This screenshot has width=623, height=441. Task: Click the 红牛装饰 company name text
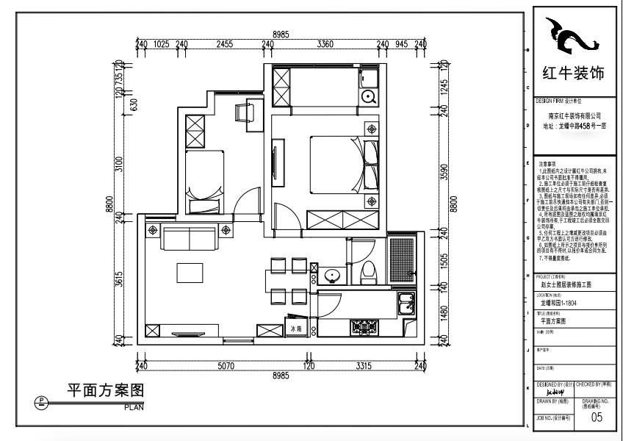tap(572, 74)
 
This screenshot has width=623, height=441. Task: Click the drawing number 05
tap(597, 418)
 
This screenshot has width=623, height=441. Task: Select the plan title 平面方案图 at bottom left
tap(104, 390)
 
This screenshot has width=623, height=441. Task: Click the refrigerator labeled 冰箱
tap(297, 329)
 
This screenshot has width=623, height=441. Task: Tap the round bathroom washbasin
tap(333, 276)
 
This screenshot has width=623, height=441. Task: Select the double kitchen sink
tap(406, 303)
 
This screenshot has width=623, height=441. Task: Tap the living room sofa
tap(190, 238)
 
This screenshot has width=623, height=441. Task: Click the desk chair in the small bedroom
tap(243, 112)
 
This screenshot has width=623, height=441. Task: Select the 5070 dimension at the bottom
tap(226, 365)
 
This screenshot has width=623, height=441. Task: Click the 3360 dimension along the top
tap(325, 44)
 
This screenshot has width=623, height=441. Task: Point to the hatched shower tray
tap(402, 259)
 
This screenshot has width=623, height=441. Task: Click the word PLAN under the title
tap(134, 406)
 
